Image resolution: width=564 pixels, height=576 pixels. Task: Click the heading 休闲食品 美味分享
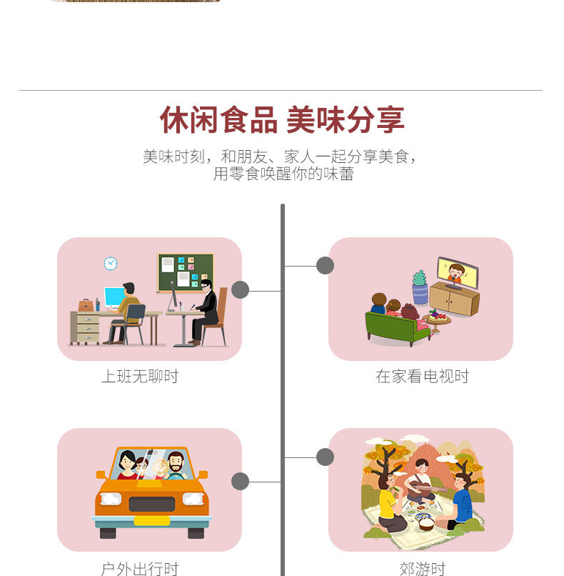click(x=282, y=120)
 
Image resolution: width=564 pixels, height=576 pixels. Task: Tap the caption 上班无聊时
click(x=139, y=377)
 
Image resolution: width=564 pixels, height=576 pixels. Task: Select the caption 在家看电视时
click(x=422, y=377)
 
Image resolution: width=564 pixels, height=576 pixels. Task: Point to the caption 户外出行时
click(x=139, y=569)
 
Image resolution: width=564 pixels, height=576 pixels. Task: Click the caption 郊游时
click(x=422, y=569)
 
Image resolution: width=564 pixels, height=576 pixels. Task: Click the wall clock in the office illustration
click(x=110, y=263)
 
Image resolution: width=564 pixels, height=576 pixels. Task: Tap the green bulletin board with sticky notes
click(x=186, y=272)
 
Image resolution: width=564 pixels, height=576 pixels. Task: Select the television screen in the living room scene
click(x=457, y=272)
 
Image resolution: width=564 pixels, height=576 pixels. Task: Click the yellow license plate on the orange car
click(x=152, y=520)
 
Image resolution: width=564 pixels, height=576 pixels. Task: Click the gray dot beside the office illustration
click(x=240, y=289)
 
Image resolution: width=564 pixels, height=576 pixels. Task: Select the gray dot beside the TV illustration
click(x=325, y=266)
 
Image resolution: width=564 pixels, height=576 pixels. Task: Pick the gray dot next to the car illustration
click(x=240, y=481)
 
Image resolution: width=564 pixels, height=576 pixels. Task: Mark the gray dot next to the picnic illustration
click(x=325, y=457)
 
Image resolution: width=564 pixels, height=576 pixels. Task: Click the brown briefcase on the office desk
click(x=86, y=305)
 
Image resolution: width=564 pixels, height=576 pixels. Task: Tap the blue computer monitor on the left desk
click(x=114, y=297)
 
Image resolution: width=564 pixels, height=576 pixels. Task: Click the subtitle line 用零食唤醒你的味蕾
click(x=283, y=174)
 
